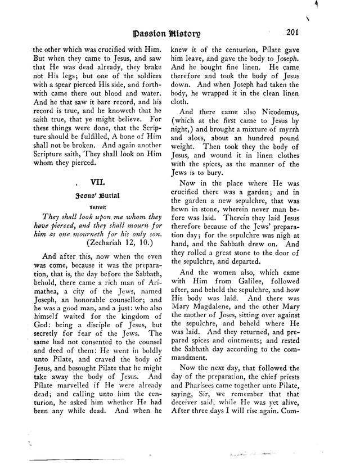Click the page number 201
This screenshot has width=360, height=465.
tap(295, 32)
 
